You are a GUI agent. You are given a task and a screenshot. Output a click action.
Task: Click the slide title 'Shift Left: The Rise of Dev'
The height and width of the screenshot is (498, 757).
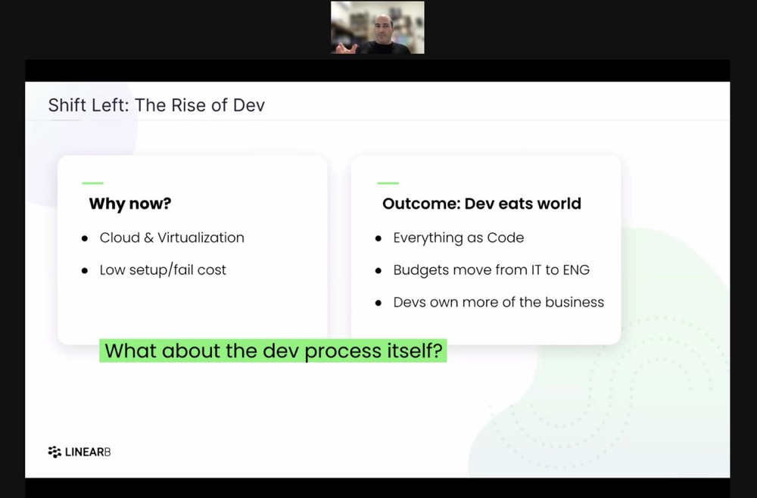(157, 105)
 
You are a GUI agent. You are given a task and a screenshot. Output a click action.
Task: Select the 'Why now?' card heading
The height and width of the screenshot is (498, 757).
(130, 204)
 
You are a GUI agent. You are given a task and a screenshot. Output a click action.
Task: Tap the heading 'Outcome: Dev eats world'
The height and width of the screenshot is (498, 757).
(481, 204)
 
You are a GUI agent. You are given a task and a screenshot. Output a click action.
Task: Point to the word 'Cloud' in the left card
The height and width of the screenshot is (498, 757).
(120, 238)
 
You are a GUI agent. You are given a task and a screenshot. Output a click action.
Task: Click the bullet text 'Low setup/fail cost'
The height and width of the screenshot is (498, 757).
(163, 269)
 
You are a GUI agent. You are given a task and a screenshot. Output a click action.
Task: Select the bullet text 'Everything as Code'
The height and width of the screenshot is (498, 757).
(459, 238)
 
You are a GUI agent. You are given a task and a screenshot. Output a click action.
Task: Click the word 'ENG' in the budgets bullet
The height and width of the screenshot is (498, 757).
(576, 269)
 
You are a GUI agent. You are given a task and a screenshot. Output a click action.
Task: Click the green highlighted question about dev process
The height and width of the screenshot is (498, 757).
(273, 351)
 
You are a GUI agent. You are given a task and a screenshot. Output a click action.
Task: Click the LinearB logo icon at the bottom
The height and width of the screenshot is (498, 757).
(55, 452)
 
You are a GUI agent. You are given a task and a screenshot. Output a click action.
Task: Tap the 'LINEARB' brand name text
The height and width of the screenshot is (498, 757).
(88, 452)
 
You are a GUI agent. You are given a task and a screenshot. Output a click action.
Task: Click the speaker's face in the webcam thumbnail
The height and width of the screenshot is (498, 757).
(385, 29)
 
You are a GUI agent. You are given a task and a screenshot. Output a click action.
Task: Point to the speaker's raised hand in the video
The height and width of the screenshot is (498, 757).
(347, 48)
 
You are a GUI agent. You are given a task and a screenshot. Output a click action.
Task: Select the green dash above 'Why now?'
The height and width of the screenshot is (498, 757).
(92, 183)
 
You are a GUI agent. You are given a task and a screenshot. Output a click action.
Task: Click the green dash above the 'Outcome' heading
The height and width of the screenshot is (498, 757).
(388, 183)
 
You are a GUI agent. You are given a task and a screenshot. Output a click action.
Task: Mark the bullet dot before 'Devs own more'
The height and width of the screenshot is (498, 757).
(378, 303)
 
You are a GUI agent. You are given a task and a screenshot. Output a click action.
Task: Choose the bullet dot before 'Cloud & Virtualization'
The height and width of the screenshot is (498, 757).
(85, 238)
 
